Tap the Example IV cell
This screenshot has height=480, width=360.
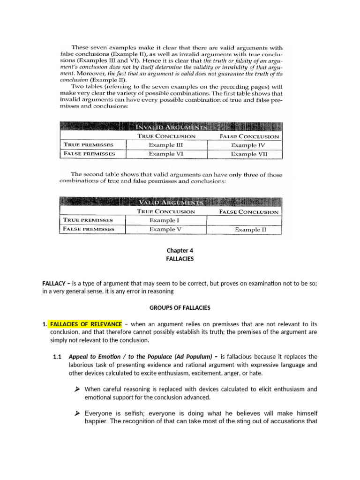(x=250, y=145)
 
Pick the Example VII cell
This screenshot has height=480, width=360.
(x=250, y=154)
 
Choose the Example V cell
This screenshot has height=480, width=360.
(x=165, y=229)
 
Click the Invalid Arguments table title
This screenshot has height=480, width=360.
(x=172, y=127)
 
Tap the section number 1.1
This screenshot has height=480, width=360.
(x=58, y=357)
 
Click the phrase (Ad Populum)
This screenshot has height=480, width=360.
(x=189, y=357)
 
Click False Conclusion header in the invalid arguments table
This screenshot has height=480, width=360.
(x=249, y=136)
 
